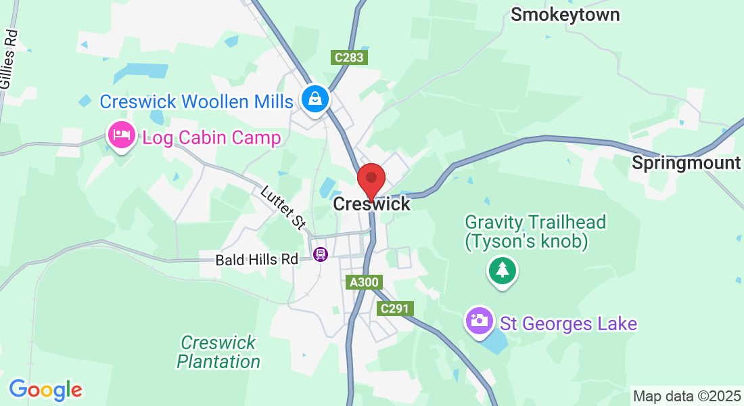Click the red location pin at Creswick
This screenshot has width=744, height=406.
[x=371, y=179]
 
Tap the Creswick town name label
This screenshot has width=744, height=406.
[x=371, y=204]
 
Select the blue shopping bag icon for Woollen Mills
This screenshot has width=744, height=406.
[x=315, y=99]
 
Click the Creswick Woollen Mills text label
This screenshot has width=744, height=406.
[x=196, y=101]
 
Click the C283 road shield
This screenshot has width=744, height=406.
[x=350, y=58]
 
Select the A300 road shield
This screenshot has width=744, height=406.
[x=364, y=283]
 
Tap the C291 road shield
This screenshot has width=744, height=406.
[x=395, y=309]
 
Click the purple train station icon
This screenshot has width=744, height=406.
[x=321, y=254]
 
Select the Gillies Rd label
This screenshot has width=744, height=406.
[x=9, y=61]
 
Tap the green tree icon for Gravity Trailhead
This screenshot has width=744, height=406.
[x=502, y=271]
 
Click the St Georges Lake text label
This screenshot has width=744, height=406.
[x=568, y=323]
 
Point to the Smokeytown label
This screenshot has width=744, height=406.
[x=565, y=15]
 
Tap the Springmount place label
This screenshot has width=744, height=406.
[x=686, y=163]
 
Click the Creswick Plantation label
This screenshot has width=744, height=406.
[x=218, y=352]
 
